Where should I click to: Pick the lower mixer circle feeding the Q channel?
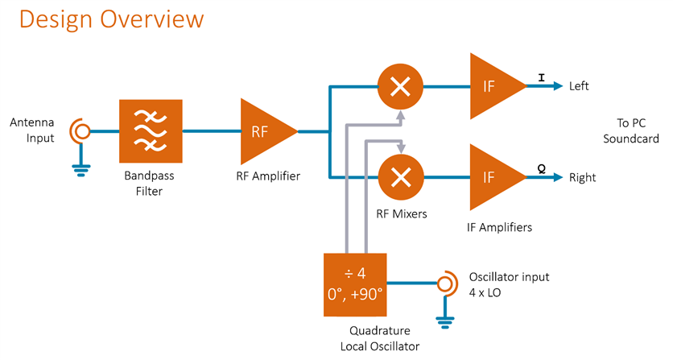pyautogui.click(x=400, y=176)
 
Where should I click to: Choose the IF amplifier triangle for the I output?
pyautogui.click(x=493, y=85)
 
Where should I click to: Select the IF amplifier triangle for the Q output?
pyautogui.click(x=493, y=176)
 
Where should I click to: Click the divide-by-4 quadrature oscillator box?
pyautogui.click(x=355, y=283)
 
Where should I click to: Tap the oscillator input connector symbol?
pyautogui.click(x=444, y=284)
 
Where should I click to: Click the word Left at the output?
pyautogui.click(x=580, y=86)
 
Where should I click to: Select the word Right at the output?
pyautogui.click(x=582, y=177)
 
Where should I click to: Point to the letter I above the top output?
pyautogui.click(x=541, y=78)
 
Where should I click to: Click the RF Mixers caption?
pyautogui.click(x=401, y=214)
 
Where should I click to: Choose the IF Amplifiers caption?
pyautogui.click(x=499, y=228)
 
